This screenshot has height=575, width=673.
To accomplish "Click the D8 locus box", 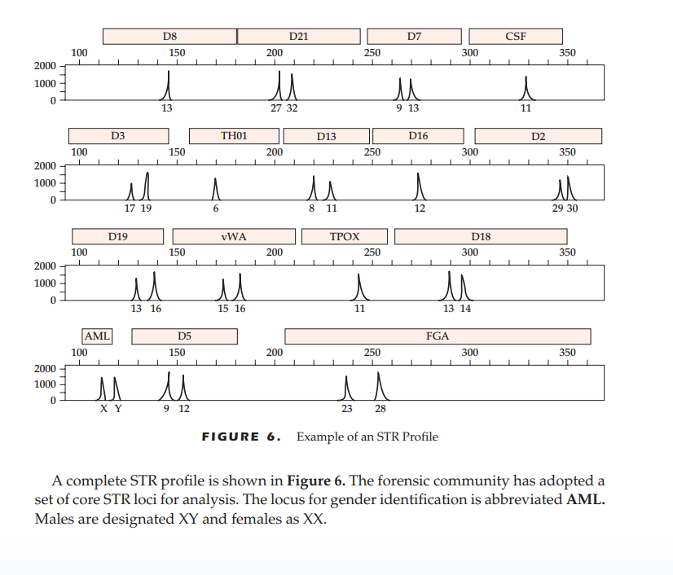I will [169, 36].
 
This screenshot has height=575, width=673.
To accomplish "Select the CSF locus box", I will [515, 36].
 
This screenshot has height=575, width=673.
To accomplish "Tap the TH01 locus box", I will [234, 136].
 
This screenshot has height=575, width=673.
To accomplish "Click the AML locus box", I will [97, 336].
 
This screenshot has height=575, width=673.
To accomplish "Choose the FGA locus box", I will [438, 336].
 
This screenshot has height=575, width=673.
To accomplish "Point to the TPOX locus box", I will [344, 236].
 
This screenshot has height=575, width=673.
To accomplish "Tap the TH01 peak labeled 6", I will [215, 189].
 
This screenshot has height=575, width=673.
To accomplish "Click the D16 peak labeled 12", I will [419, 187].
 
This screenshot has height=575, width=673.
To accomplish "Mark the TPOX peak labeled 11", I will [358, 287].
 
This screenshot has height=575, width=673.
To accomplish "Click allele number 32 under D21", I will [292, 108].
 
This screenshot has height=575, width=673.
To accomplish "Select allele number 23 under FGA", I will [347, 409].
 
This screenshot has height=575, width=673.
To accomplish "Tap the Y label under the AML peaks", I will [117, 409].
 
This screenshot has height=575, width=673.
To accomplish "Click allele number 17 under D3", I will [130, 208].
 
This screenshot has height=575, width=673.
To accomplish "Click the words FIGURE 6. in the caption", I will [241, 437].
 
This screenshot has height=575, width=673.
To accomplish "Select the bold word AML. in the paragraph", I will [585, 500].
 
